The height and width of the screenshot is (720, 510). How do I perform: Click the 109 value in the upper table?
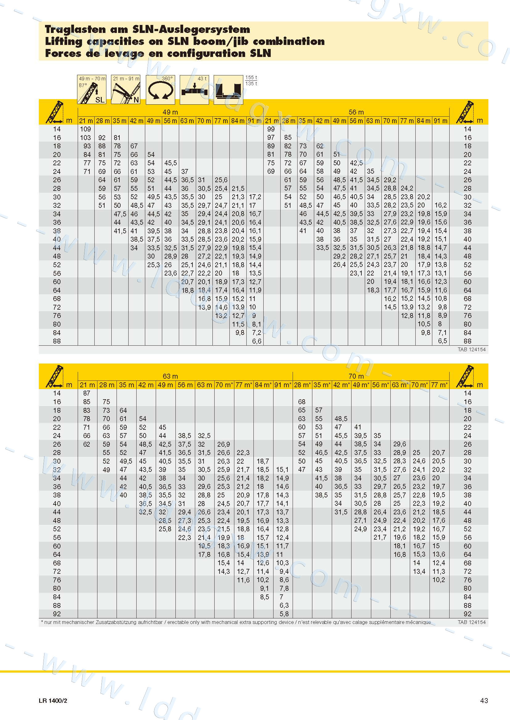coord(85,129)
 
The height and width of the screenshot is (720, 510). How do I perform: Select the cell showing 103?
coord(85,138)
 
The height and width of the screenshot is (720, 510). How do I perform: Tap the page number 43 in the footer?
coord(484,700)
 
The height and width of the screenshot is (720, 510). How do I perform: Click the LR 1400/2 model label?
coord(53,701)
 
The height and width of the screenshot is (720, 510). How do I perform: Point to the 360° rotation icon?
coord(160,90)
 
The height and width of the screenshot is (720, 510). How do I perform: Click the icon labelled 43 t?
coord(194,90)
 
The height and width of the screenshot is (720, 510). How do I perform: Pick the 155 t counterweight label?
coord(251,78)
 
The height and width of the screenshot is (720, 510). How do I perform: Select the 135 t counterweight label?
coord(251,83)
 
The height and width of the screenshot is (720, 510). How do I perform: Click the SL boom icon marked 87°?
coord(92,90)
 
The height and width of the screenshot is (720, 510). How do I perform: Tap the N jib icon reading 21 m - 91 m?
coord(126,90)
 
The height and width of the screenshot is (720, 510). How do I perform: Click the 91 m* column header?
coord(283,385)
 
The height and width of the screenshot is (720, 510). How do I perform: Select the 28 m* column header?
coord(302,385)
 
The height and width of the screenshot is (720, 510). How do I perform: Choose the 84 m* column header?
coord(263,385)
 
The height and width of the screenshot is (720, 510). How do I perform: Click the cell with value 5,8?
coord(284,614)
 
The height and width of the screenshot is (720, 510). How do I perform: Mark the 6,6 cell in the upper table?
coord(257,341)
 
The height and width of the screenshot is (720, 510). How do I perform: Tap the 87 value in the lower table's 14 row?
coord(87,393)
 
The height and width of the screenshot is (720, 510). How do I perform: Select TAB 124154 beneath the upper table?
coord(471,349)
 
